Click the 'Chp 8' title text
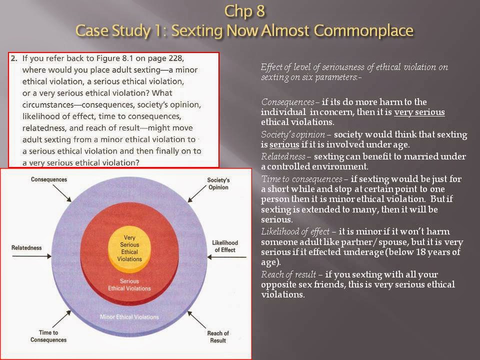[244, 11]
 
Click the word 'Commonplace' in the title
[363, 30]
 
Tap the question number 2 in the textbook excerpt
[14, 58]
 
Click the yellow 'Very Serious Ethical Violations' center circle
[129, 248]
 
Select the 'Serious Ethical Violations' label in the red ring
[129, 284]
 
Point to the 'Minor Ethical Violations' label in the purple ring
[129, 317]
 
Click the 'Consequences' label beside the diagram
[49, 179]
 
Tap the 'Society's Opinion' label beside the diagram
[218, 183]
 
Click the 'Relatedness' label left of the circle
[26, 247]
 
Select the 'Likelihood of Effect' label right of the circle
[225, 246]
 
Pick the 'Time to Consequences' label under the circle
[48, 336]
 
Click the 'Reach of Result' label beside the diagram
[218, 336]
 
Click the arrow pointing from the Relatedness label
[32, 256]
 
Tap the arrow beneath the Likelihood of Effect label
[227, 257]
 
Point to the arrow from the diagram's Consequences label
[62, 193]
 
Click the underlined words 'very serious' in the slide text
[419, 112]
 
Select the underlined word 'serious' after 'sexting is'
[284, 144]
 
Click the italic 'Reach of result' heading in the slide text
[288, 274]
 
